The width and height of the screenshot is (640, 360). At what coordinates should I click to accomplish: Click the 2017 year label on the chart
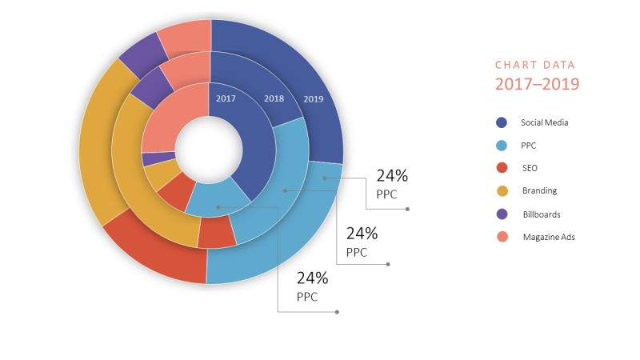[x=225, y=98]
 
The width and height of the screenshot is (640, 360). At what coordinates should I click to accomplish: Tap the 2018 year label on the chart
[x=274, y=98]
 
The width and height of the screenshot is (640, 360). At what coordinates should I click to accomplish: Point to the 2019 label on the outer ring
[x=314, y=98]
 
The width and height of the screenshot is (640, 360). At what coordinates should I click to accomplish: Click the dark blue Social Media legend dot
[x=501, y=122]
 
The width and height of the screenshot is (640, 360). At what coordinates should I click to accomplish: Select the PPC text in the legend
[x=529, y=146]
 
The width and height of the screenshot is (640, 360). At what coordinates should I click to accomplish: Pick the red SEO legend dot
[x=501, y=168]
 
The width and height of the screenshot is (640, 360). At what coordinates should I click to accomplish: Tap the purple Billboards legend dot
[x=501, y=214]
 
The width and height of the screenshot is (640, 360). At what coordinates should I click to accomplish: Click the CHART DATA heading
[x=534, y=65]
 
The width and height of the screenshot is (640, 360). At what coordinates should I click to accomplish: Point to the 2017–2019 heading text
[x=537, y=83]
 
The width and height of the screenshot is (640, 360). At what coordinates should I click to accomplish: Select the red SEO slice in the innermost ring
[x=176, y=190]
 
